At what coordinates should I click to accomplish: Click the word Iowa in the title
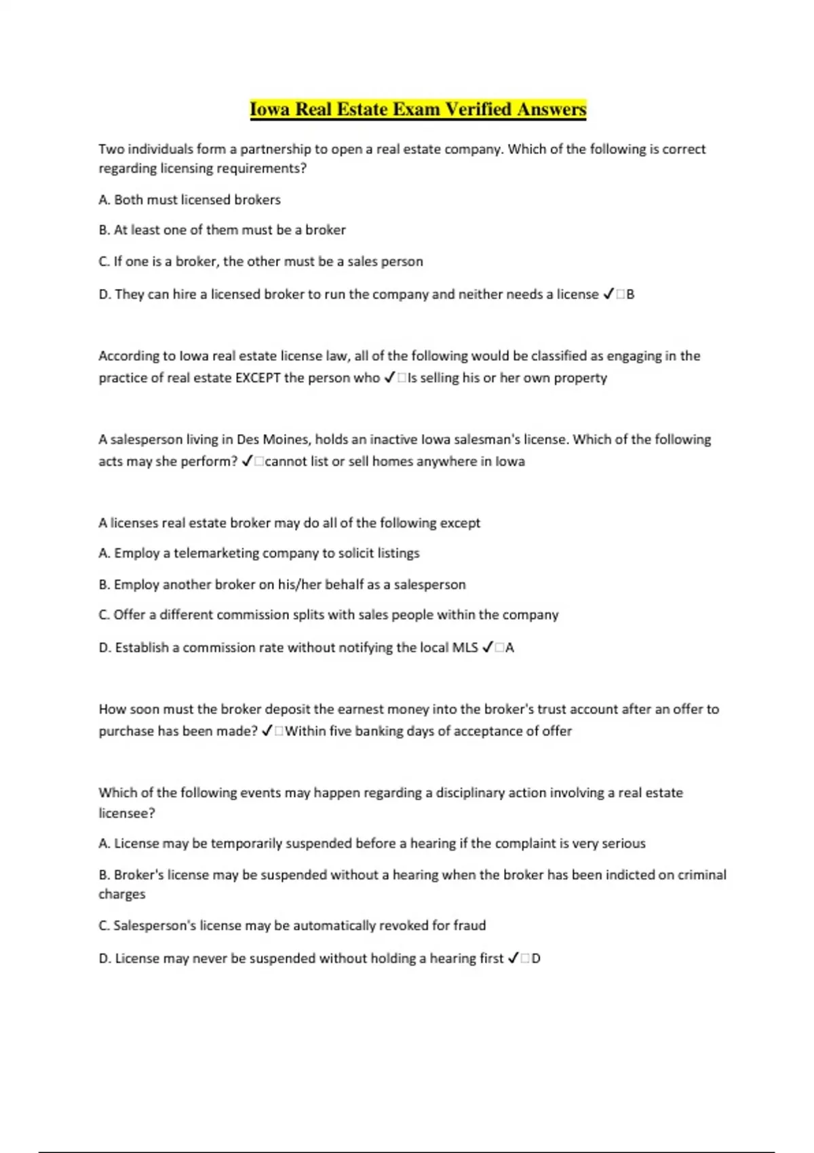click(x=270, y=109)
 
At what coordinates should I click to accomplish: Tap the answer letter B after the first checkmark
click(x=630, y=294)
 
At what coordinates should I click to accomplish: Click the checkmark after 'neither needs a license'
click(x=608, y=294)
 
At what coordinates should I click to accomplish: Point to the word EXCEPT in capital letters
click(x=257, y=378)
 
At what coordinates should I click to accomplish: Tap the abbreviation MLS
click(x=465, y=648)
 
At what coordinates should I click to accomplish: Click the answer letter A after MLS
click(x=510, y=648)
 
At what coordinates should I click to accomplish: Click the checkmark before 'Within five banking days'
click(x=267, y=731)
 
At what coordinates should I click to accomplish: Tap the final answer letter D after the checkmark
click(x=536, y=958)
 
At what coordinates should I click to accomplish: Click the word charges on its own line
click(x=122, y=895)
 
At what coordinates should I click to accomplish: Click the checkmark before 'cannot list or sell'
click(x=247, y=461)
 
